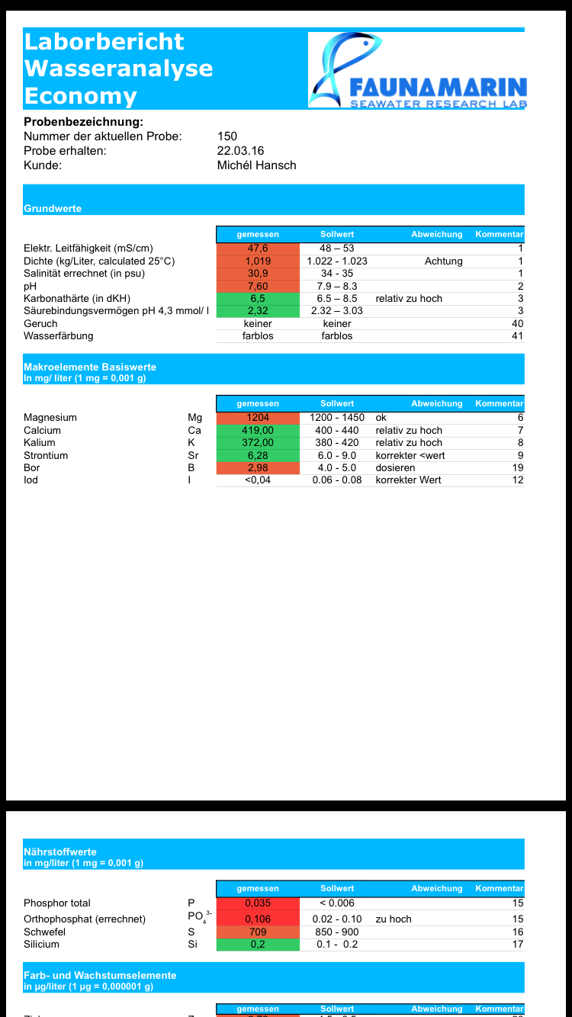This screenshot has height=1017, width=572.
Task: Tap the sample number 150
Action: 227,136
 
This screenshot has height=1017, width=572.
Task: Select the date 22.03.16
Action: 240,151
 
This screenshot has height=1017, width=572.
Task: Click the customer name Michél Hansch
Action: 256,165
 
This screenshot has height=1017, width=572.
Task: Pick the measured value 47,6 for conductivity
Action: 258,249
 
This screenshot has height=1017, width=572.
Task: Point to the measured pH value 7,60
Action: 258,286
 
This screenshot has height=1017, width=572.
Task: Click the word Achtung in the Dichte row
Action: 443,261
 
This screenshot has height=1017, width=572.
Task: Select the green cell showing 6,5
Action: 258,298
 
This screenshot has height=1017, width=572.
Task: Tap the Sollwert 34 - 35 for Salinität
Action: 337,273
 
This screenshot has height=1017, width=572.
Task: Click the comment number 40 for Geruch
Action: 518,323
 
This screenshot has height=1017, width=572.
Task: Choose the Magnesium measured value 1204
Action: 258,418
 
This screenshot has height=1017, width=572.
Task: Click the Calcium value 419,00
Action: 258,430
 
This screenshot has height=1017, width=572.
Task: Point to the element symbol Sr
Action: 193,455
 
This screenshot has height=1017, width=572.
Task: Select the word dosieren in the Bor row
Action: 395,467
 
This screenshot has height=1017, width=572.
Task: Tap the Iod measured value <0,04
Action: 258,480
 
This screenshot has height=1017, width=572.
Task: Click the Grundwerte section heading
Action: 53,208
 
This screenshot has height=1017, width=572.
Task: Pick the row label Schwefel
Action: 44,932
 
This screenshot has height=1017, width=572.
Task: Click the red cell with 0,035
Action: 258,903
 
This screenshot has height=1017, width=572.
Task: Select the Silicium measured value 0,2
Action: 258,944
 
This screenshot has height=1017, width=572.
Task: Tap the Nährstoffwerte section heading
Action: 60,852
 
